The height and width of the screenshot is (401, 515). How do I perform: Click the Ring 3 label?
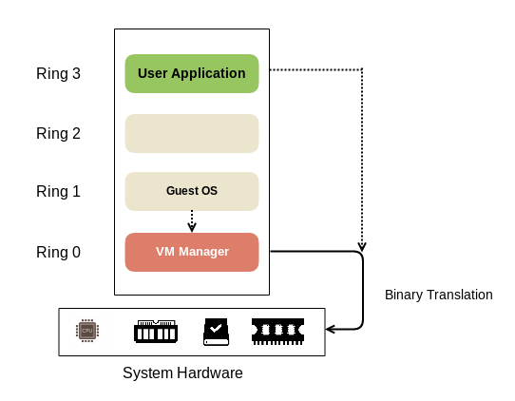pos(58,73)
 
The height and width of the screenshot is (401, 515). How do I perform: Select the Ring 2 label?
pos(58,133)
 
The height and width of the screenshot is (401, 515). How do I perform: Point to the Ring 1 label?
pos(58,191)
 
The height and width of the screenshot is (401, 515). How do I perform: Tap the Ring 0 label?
pos(58,252)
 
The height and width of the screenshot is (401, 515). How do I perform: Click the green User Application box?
pos(192,73)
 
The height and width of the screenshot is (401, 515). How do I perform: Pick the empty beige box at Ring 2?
pos(192,133)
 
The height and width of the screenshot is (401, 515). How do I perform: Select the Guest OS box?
pos(192,191)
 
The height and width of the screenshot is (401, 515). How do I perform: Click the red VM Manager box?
pos(192,252)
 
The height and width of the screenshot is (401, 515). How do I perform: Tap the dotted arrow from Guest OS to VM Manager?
pos(192,221)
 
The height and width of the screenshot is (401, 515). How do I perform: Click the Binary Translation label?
pos(438,295)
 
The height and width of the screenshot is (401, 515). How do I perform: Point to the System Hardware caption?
pos(182,373)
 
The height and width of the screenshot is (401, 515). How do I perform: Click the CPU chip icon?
pos(87,331)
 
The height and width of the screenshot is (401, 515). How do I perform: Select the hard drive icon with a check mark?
pos(216,332)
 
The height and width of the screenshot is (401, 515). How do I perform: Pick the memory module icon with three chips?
pos(277,332)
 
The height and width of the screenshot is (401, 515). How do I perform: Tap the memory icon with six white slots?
pos(156,332)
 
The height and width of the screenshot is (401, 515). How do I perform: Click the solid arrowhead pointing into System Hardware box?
pos(330,329)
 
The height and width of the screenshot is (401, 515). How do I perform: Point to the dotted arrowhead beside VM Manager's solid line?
pos(362,247)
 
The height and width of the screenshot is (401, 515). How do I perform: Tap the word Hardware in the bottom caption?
pos(210,373)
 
